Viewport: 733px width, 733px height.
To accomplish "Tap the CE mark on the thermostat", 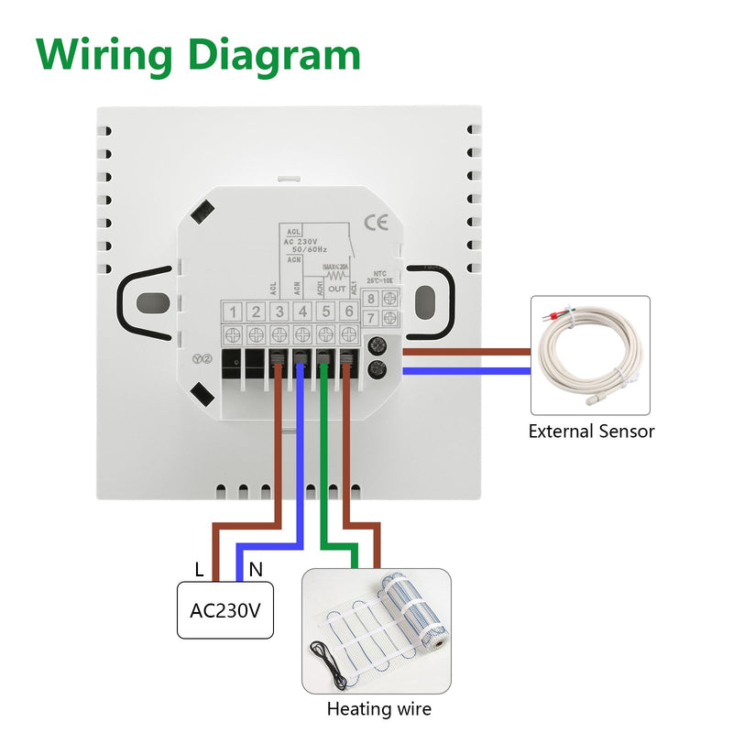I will click(376, 222).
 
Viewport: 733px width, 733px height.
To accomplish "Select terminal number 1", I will click(234, 312).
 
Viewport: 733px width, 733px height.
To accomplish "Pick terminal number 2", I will click(257, 312).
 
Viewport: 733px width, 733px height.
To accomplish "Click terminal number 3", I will click(279, 312).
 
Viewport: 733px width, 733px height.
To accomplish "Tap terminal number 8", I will click(371, 298).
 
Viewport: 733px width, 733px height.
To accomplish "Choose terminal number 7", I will click(371, 318).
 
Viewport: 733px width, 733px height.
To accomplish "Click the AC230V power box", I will click(225, 609).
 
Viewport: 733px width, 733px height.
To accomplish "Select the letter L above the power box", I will click(199, 569).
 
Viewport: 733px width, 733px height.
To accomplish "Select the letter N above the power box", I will click(256, 569).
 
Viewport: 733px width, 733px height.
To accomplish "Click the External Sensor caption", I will click(591, 431).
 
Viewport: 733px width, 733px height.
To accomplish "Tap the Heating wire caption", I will click(378, 708).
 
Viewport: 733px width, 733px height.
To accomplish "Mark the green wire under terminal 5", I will click(324, 458).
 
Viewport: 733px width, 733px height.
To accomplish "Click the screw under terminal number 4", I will click(302, 334).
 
